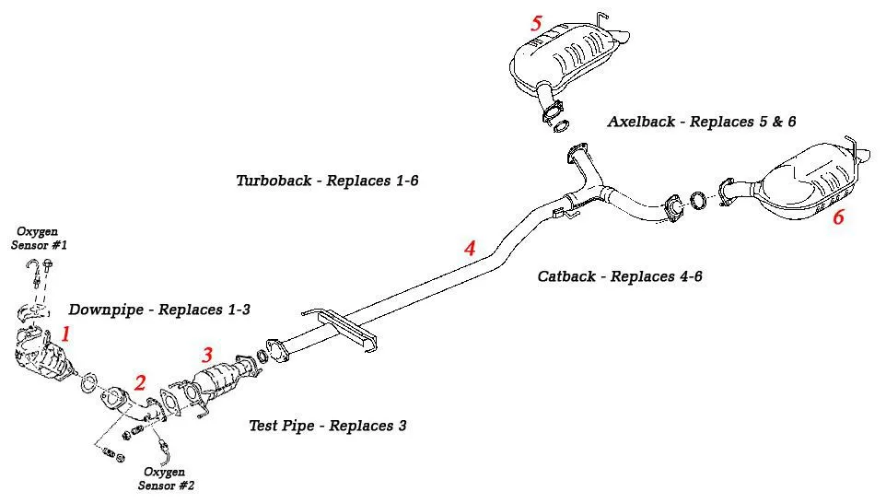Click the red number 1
click(x=65, y=333)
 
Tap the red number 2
click(x=140, y=382)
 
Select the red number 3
click(x=207, y=355)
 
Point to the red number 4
click(x=470, y=248)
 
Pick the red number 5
click(x=536, y=23)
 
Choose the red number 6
click(x=838, y=217)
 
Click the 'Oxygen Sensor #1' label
click(x=39, y=239)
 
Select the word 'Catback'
click(x=567, y=276)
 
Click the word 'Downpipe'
click(x=105, y=310)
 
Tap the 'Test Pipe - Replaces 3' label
click(x=327, y=426)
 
